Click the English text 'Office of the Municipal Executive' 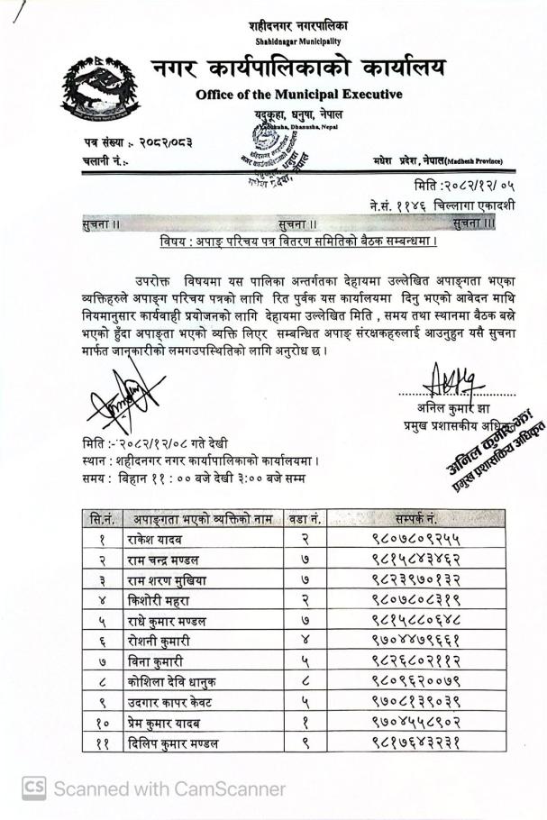298,96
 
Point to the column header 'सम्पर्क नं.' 415,519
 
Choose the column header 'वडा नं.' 304,519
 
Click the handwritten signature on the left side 126,394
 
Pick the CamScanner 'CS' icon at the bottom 33,789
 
